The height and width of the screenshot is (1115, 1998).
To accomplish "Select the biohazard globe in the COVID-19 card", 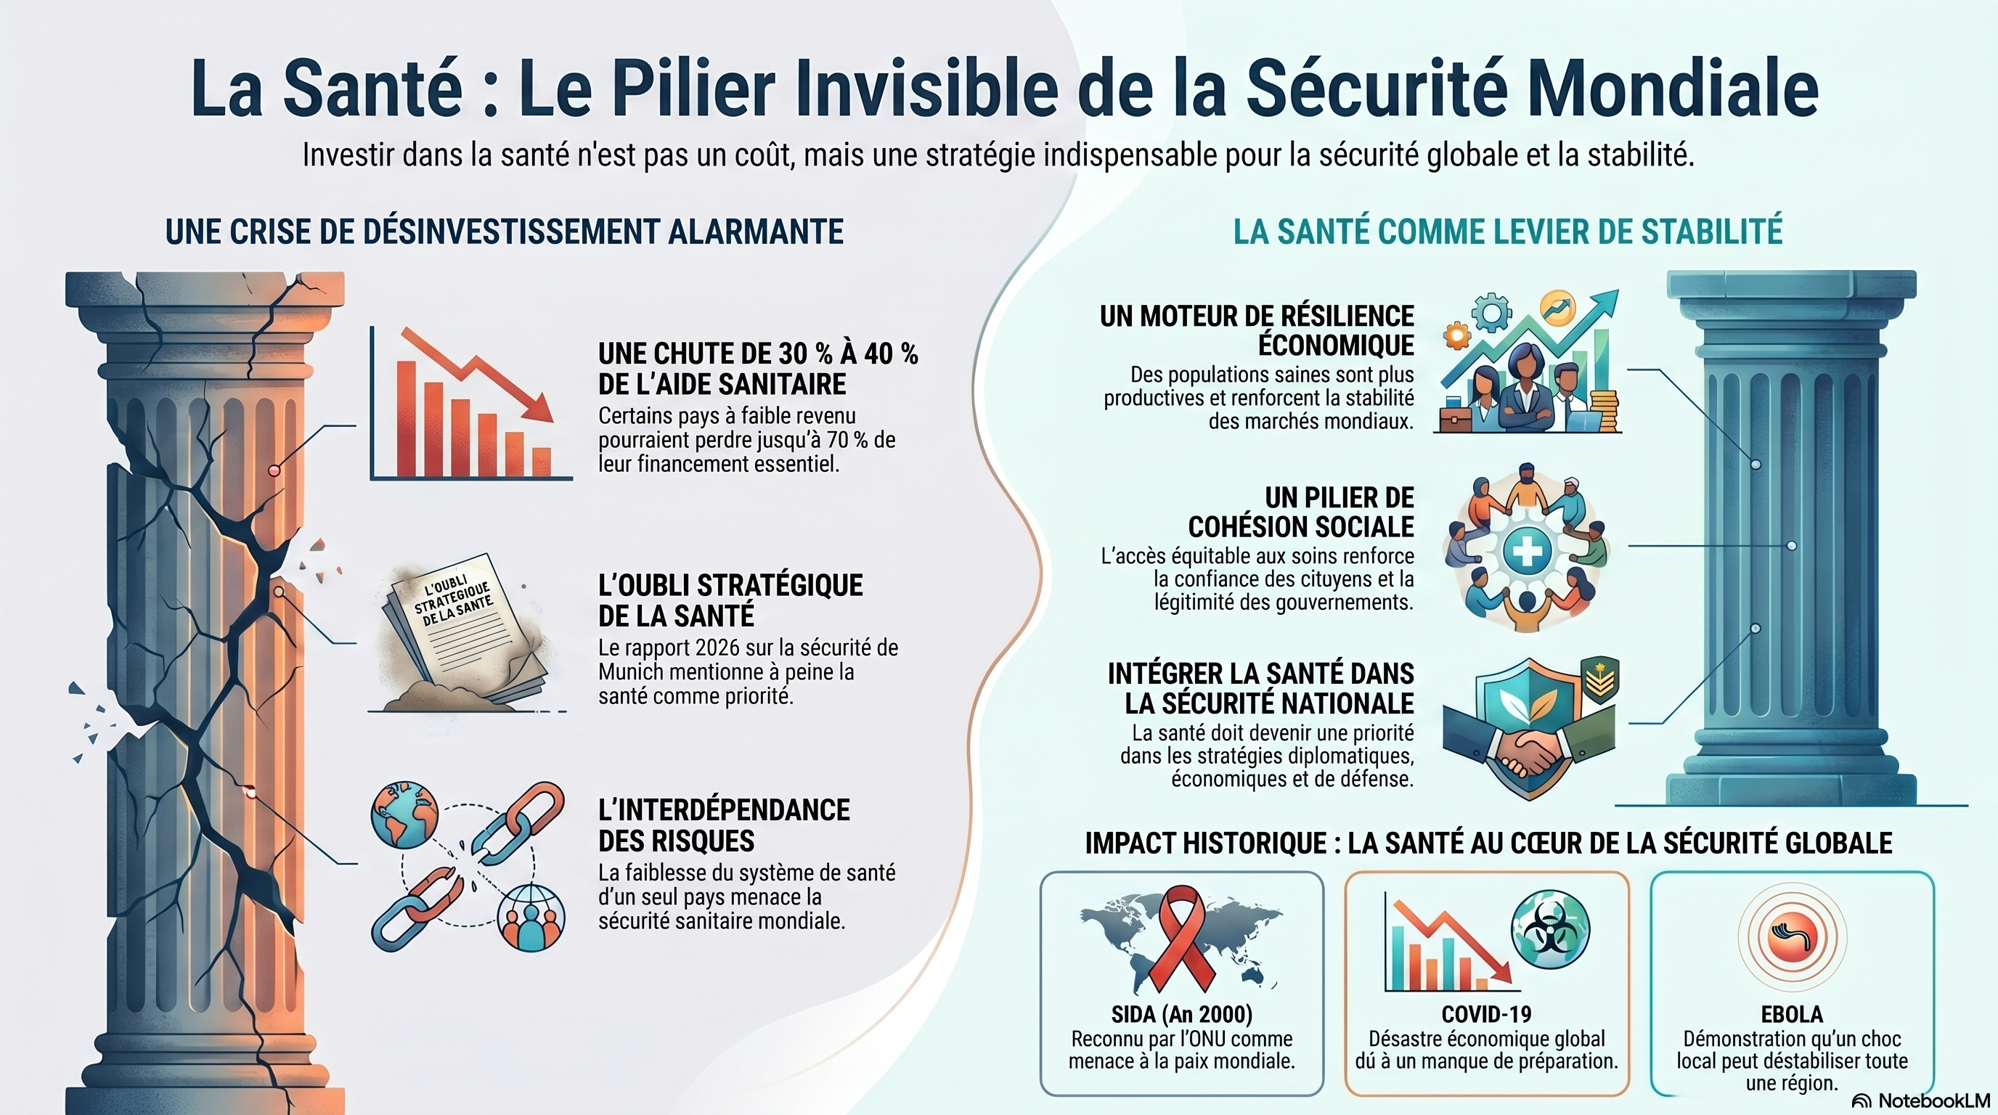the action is (1551, 930).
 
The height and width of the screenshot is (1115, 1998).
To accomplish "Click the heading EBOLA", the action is (1792, 1014).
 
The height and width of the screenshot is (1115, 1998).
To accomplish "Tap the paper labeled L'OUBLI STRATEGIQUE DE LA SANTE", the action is (464, 628).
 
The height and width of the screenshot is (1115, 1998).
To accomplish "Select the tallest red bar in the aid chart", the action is (406, 419).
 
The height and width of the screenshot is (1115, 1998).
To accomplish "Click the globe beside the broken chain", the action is (404, 816).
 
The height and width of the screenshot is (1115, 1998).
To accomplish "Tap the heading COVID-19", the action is (1486, 1014).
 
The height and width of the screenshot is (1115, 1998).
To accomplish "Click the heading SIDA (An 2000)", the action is (1181, 1014).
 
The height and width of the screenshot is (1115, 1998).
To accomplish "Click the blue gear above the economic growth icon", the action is (1491, 314).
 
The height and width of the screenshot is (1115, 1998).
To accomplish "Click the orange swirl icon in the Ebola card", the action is (1793, 936).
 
